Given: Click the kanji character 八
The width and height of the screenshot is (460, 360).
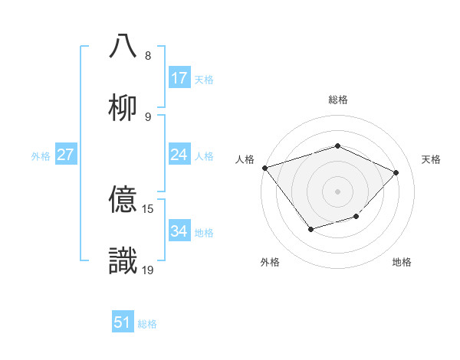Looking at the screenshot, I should pyautogui.click(x=123, y=46).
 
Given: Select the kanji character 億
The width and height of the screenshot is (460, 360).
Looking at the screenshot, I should pyautogui.click(x=123, y=199).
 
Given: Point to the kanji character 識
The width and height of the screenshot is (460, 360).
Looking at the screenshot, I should pyautogui.click(x=123, y=260).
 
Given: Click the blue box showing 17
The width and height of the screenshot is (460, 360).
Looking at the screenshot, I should pyautogui.click(x=179, y=77).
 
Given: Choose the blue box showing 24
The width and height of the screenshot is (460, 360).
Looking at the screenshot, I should pyautogui.click(x=179, y=155).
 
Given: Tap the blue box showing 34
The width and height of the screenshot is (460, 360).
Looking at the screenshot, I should pyautogui.click(x=179, y=231).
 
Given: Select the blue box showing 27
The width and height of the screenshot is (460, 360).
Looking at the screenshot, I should pyautogui.click(x=66, y=155).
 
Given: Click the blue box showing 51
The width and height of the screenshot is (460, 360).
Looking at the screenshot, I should pyautogui.click(x=123, y=322).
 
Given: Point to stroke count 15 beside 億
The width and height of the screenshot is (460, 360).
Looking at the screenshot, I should pyautogui.click(x=149, y=209).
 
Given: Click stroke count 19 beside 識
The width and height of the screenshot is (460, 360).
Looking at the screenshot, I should pyautogui.click(x=149, y=270).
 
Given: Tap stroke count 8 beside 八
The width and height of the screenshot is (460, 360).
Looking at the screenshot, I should pyautogui.click(x=148, y=56).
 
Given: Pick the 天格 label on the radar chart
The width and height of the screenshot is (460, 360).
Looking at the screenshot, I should pyautogui.click(x=431, y=159).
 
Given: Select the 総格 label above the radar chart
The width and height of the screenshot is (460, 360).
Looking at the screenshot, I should pyautogui.click(x=338, y=100).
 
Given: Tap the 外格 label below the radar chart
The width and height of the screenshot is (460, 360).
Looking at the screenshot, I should pyautogui.click(x=270, y=262).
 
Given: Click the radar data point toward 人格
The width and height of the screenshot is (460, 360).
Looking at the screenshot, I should pyautogui.click(x=264, y=167).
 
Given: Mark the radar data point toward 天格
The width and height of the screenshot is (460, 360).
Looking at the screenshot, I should pyautogui.click(x=396, y=172).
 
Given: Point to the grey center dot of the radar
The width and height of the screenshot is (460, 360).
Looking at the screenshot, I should pyautogui.click(x=337, y=191).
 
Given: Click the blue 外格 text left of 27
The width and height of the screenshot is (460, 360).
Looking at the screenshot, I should pyautogui.click(x=41, y=155).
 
